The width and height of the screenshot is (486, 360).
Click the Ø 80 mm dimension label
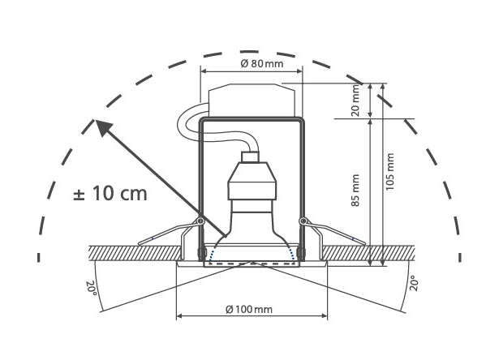point(252,63)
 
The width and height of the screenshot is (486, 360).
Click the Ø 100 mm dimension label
point(250,310)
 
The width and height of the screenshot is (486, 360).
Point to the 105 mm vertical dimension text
point(390,171)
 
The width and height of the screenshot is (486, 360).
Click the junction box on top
point(252,99)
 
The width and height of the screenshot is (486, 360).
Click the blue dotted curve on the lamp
point(252,261)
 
